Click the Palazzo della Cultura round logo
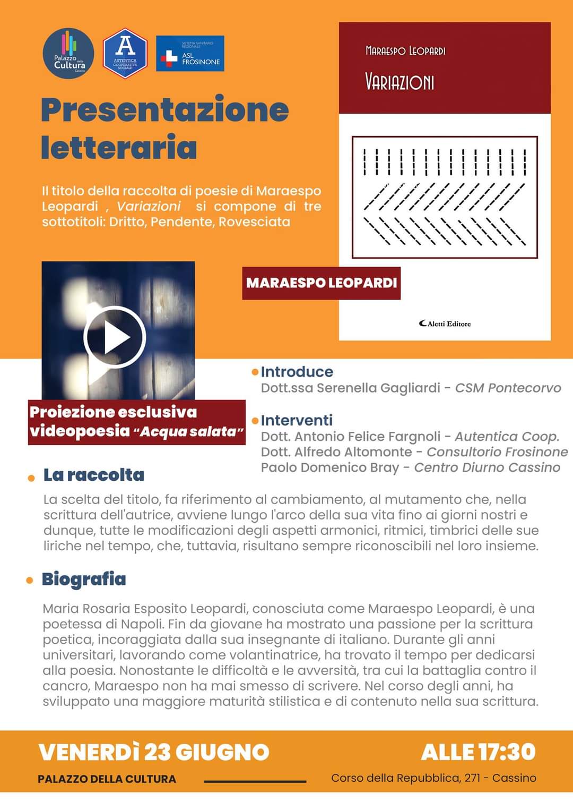[x=68, y=54]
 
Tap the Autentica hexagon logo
[x=125, y=53]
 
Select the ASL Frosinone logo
[x=190, y=54]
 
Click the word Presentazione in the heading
[x=165, y=109]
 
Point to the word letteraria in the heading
[x=119, y=147]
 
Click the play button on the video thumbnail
[x=115, y=337]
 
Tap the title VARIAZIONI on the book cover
[x=400, y=82]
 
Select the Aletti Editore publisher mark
[x=445, y=323]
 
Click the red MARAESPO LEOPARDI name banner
[x=321, y=283]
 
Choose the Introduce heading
[x=297, y=372]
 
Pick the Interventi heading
[x=297, y=420]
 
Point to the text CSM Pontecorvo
[x=508, y=388]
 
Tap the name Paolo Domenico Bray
[x=329, y=467]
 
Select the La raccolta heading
[x=93, y=475]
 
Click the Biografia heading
[x=84, y=579]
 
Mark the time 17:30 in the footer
[x=507, y=752]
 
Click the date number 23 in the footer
[x=157, y=752]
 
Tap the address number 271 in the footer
[x=472, y=778]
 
